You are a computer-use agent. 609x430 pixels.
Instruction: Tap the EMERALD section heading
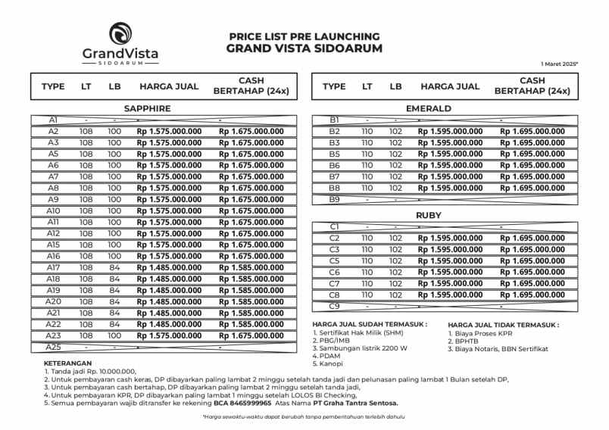428,108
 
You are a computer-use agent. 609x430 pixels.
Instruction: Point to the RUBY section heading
428,215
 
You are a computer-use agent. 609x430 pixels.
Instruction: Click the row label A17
53,267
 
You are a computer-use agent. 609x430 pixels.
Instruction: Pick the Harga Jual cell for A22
169,324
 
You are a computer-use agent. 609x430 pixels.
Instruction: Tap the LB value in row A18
114,279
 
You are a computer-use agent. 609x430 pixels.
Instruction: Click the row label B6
334,165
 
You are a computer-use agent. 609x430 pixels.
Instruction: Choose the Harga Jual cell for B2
450,131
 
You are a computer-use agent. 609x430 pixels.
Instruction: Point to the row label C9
334,306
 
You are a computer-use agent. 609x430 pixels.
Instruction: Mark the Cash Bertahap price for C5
532,260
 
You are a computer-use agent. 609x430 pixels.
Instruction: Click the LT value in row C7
367,283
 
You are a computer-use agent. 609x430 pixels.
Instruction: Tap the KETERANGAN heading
68,363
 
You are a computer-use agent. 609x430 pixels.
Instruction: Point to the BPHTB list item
464,341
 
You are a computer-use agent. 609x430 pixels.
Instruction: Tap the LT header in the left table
86,86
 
